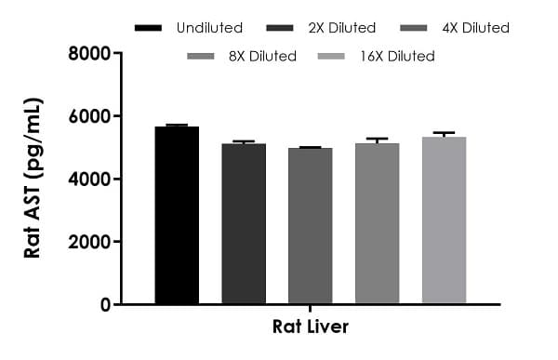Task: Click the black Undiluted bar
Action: (x=177, y=215)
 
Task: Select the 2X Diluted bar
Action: (x=244, y=223)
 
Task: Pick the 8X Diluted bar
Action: (x=377, y=223)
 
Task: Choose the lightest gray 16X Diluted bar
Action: (x=444, y=220)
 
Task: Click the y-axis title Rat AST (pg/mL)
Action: (x=33, y=179)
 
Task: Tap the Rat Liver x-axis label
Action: (x=311, y=327)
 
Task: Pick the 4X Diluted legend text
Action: (x=474, y=28)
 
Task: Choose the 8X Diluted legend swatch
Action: (x=205, y=57)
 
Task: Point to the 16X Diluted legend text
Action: (x=399, y=57)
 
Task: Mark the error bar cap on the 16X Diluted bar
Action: (x=444, y=132)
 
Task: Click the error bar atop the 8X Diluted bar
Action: (x=377, y=140)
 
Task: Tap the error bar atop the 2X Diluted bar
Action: (x=244, y=141)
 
